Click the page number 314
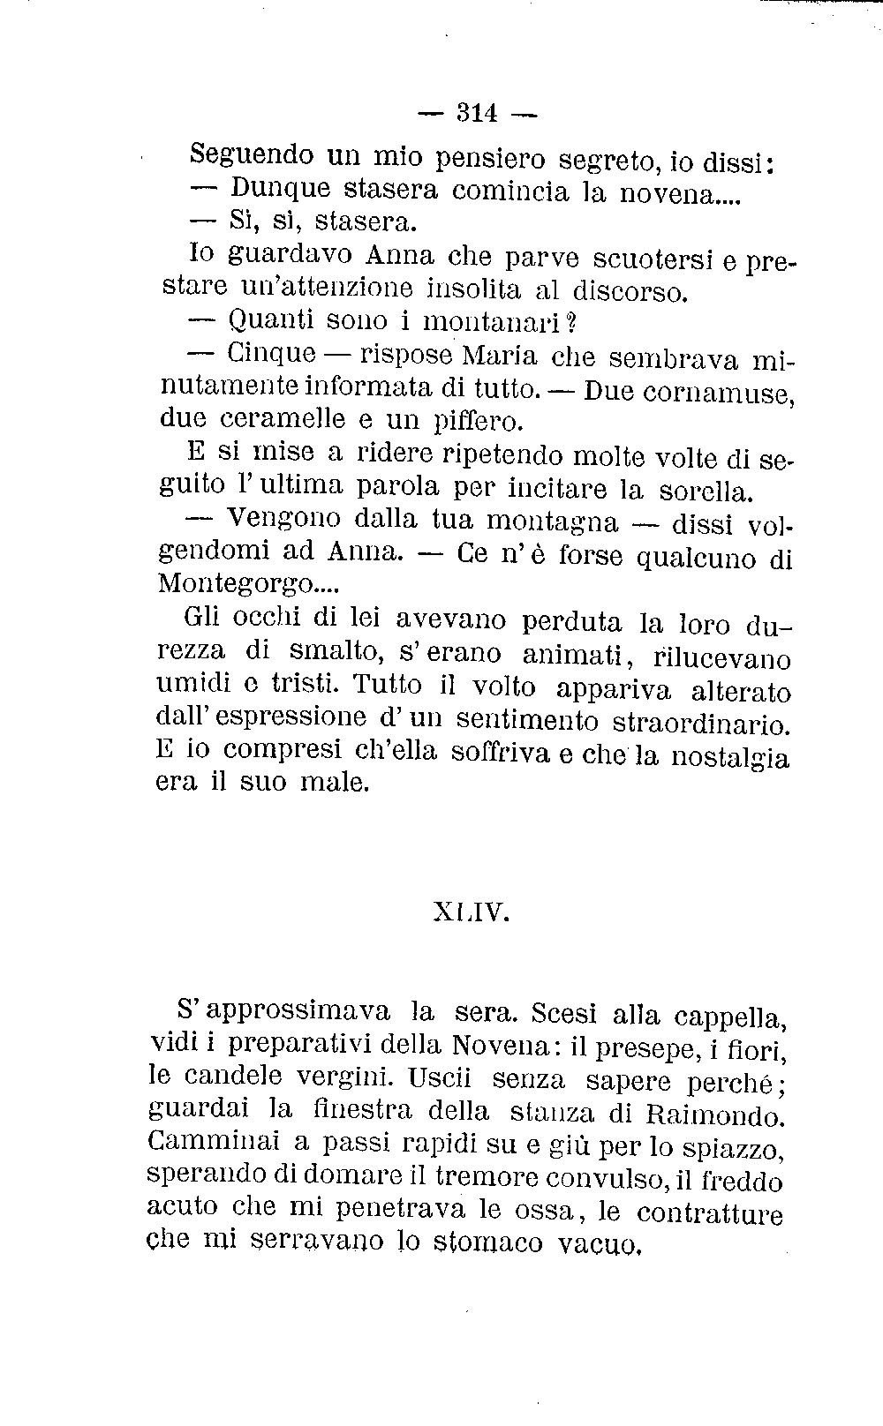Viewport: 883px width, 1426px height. tap(476, 113)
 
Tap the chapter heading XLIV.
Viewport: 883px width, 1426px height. tap(472, 912)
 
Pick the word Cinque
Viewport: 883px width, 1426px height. tap(270, 353)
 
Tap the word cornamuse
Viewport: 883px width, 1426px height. tap(716, 391)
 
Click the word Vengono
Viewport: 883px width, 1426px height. tap(277, 519)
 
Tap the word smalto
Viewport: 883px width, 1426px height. tap(341, 653)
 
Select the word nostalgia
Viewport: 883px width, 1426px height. tap(730, 759)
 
